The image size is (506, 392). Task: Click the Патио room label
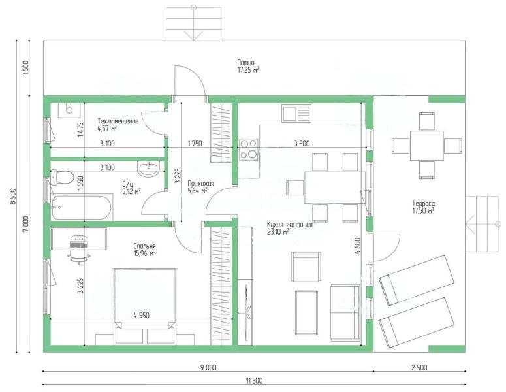point(245,63)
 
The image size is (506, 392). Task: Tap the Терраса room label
point(423,203)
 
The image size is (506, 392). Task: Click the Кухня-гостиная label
point(289,224)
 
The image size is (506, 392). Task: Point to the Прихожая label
point(200,184)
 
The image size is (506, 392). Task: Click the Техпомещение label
point(118,121)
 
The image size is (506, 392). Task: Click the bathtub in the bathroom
point(82,207)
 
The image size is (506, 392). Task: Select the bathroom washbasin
point(148,168)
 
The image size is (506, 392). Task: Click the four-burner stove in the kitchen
point(249,149)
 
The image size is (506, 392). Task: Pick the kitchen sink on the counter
point(296,113)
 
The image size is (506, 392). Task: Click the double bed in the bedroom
point(145,306)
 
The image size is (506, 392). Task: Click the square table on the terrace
point(426,145)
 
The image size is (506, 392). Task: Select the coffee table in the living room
point(306,312)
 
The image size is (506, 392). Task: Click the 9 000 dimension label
point(208,367)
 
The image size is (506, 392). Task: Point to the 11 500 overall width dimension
point(254,381)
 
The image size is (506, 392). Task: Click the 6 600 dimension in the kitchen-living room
point(357,247)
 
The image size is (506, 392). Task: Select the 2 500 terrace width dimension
point(419,367)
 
